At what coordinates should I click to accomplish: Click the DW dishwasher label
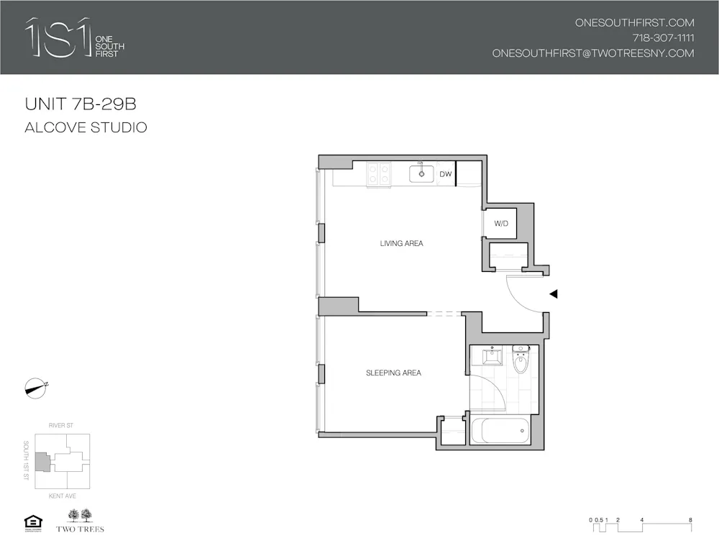[x=445, y=174]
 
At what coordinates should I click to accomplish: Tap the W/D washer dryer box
[x=501, y=224]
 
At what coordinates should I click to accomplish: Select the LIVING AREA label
[x=401, y=244]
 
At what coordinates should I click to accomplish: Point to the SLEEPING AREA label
[x=393, y=373]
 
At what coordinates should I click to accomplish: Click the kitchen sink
[x=421, y=173]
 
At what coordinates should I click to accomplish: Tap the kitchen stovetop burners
[x=378, y=174]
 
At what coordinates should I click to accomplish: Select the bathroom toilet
[x=521, y=359]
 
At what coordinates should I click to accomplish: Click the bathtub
[x=499, y=431]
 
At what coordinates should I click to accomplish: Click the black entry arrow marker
[x=554, y=293]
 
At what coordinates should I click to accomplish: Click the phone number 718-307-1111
[x=663, y=38]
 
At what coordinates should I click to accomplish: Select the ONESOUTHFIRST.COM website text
[x=634, y=22]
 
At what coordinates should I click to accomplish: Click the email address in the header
[x=593, y=53]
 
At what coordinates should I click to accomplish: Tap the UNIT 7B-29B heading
[x=81, y=104]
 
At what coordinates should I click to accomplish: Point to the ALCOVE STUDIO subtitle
[x=86, y=128]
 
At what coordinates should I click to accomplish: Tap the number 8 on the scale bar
[x=690, y=519]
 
